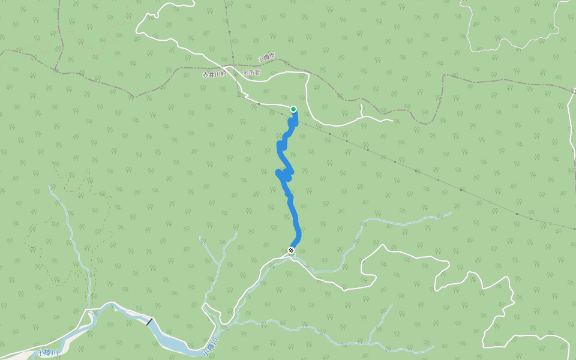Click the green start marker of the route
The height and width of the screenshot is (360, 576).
coord(293,109)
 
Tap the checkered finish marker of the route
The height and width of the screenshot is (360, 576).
coord(291,250)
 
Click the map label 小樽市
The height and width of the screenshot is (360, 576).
coord(266,58)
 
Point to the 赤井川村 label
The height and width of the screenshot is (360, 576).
coord(214,75)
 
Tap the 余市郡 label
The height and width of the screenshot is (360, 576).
coord(252,72)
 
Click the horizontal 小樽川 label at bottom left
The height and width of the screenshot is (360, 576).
coord(46,352)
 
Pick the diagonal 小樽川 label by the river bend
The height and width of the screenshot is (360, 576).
coord(210,346)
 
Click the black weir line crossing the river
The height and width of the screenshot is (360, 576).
coord(149,322)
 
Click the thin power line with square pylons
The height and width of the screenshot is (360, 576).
coord(420,172)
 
